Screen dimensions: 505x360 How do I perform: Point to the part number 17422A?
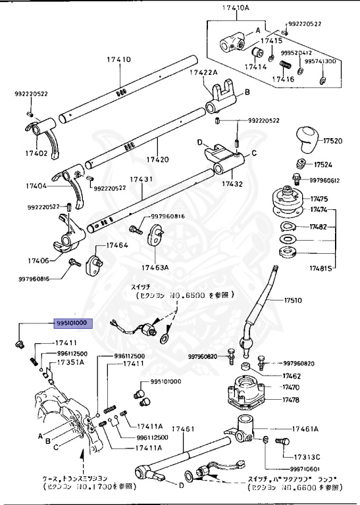203,72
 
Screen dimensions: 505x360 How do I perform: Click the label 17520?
332,141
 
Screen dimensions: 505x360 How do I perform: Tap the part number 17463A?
155,268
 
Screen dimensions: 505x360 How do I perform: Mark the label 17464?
116,245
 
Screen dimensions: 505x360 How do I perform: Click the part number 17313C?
307,457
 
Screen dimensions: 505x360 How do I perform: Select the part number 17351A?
70,362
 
